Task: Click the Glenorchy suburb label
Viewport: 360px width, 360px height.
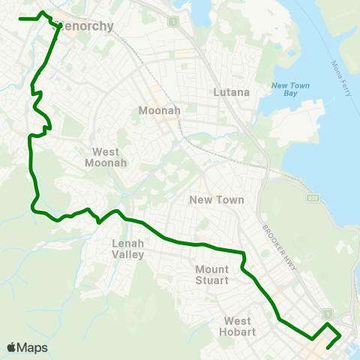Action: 85,26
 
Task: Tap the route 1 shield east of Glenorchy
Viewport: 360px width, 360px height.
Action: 174,21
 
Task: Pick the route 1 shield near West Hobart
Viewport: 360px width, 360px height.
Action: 326,311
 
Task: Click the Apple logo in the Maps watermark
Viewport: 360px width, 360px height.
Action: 12,347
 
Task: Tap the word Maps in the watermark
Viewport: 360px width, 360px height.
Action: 33,347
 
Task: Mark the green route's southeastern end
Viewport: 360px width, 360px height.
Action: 328,348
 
